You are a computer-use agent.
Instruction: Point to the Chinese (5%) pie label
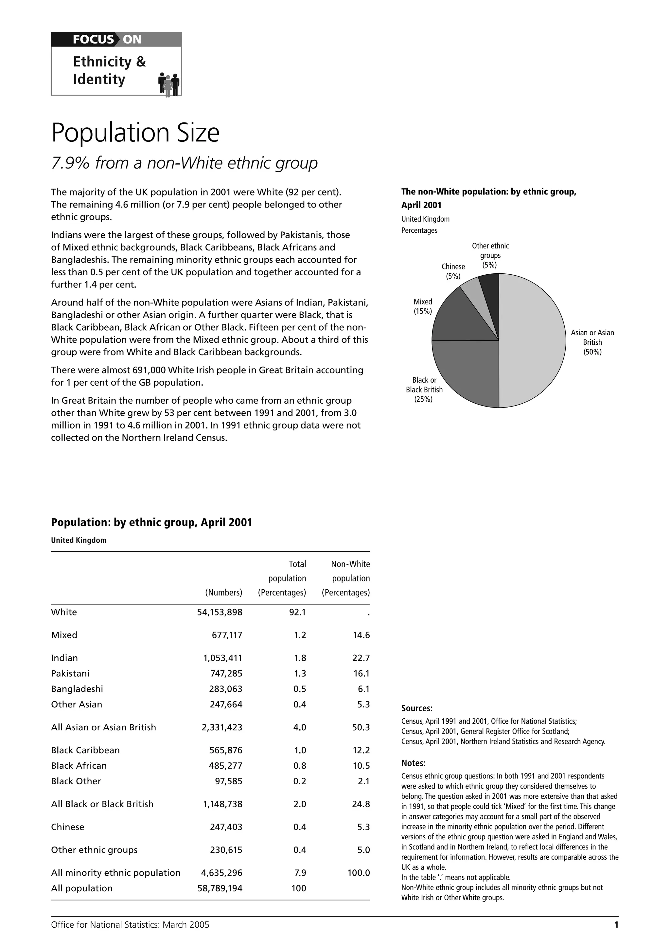pyautogui.click(x=453, y=271)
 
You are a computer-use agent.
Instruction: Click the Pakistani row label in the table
pyautogui.click(x=70, y=673)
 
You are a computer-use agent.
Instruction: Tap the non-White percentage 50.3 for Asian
pyautogui.click(x=361, y=727)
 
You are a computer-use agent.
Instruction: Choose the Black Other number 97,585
pyautogui.click(x=229, y=781)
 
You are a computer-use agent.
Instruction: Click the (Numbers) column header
pyautogui.click(x=224, y=592)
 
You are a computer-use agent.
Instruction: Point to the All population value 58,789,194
pyautogui.click(x=220, y=888)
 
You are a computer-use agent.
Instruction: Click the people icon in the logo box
pyautogui.click(x=169, y=85)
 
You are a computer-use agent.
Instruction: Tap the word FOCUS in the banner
pyautogui.click(x=93, y=40)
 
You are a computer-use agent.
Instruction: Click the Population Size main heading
pyautogui.click(x=135, y=133)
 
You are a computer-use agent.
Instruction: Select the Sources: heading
pyautogui.click(x=417, y=708)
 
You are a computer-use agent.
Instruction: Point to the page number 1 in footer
pyautogui.click(x=616, y=925)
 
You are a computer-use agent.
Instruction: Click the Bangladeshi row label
pyautogui.click(x=77, y=689)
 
